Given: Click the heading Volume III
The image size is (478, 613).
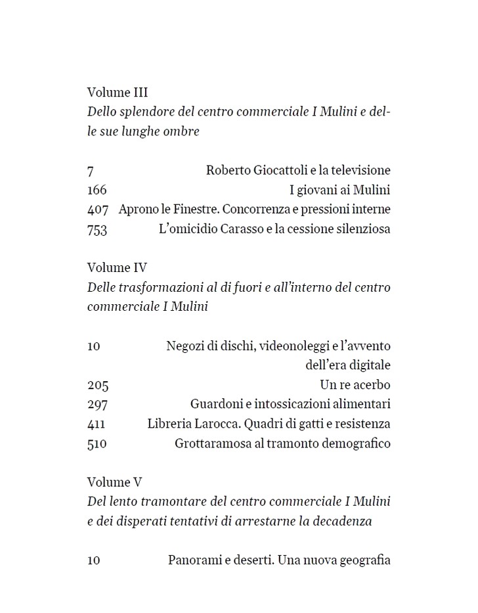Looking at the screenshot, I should (118, 93).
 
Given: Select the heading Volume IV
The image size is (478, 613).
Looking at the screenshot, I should (117, 267).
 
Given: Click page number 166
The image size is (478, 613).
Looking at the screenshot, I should (97, 191).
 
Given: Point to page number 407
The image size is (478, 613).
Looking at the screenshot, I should (97, 210).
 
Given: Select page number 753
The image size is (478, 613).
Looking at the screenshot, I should (97, 230).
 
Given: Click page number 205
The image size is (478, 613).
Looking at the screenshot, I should (97, 385).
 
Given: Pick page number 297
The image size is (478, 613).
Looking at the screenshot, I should (97, 405).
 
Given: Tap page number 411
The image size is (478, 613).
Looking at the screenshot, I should (96, 424).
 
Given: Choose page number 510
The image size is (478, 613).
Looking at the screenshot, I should (97, 444).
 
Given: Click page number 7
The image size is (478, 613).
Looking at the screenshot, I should (90, 171).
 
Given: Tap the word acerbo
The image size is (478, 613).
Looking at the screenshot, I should (371, 385).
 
